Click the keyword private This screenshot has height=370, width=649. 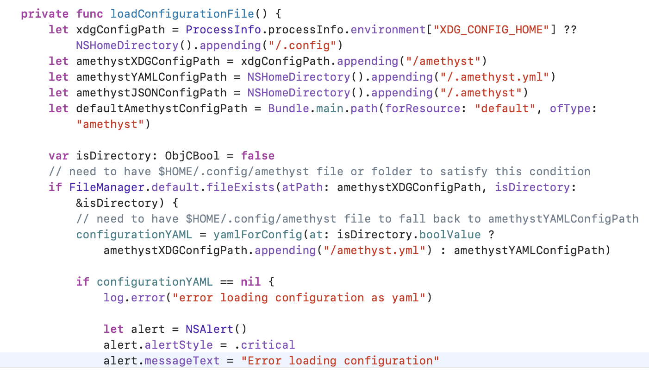click(x=44, y=14)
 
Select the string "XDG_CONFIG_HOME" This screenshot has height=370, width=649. click(x=494, y=30)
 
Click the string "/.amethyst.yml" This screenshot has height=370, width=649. click(x=494, y=77)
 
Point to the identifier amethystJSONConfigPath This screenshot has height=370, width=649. click(x=151, y=93)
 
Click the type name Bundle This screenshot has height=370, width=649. click(x=285, y=108)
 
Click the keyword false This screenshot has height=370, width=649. click(x=257, y=156)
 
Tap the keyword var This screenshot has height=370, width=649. click(x=59, y=156)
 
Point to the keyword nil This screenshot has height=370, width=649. click(x=250, y=282)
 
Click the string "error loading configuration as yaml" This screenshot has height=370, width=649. click(x=299, y=298)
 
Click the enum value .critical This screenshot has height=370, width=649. click(x=268, y=345)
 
